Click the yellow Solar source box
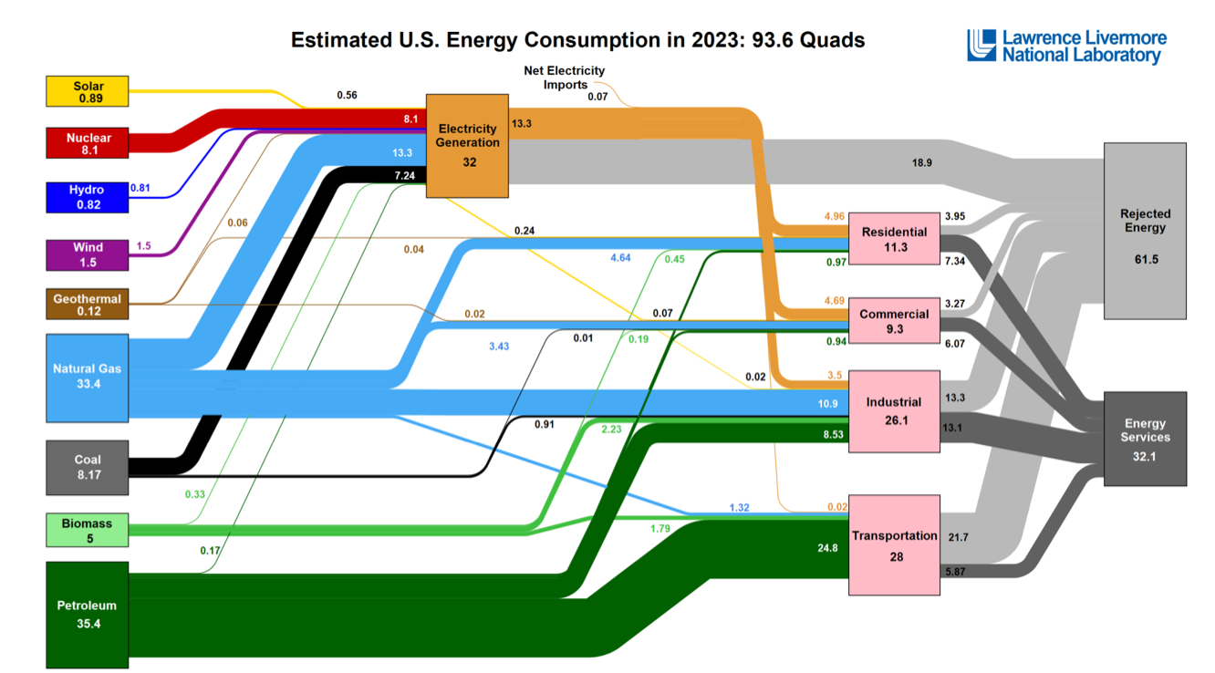[x=88, y=92]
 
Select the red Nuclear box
[x=88, y=144]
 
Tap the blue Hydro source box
[x=88, y=197]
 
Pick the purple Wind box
[x=88, y=254]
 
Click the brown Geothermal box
[x=88, y=305]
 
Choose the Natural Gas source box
[x=88, y=378]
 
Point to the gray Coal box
[x=88, y=467]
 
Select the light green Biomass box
[x=88, y=530]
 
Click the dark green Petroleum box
[x=88, y=614]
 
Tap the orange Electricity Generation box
[x=468, y=145]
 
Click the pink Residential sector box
[x=894, y=239]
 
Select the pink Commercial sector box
[x=894, y=321]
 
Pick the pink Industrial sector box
[x=894, y=410]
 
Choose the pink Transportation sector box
[x=894, y=544]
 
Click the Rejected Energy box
[x=1145, y=231]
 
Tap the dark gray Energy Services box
[x=1145, y=438]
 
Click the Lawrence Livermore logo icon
[x=981, y=45]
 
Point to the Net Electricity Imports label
[x=564, y=78]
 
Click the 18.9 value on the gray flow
[x=921, y=162]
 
